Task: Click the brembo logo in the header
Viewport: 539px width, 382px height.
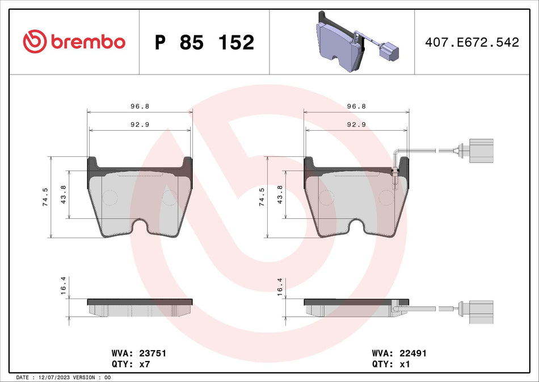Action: (74, 41)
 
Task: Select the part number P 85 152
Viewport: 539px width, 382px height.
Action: (204, 42)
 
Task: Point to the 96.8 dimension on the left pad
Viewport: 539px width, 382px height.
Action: (140, 106)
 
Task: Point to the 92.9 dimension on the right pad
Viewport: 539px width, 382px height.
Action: (356, 124)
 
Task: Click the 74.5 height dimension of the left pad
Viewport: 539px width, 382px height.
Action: (45, 197)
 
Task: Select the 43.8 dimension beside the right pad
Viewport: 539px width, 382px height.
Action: (279, 194)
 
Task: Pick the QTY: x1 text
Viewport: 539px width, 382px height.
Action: (389, 364)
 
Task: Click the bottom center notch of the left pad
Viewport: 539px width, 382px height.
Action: (140, 227)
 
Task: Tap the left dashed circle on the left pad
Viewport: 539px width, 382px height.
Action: (109, 197)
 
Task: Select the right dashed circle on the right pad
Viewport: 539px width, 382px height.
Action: (386, 197)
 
